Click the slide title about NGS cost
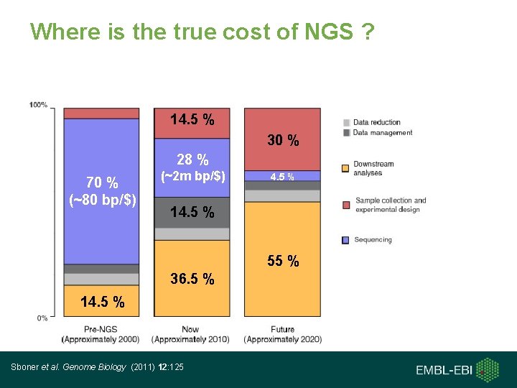coord(202,32)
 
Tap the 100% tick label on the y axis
coord(38,105)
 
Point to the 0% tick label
coord(42,317)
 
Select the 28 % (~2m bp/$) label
coord(192,167)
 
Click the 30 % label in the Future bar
coord(283,141)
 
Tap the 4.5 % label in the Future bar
coord(281,176)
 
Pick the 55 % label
coord(283,262)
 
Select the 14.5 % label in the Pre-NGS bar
coord(102,302)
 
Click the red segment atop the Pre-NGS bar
coord(101,113)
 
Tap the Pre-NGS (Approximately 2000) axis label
coord(101,334)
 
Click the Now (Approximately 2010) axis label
coord(191,334)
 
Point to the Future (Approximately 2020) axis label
coord(282,334)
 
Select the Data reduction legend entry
coord(376,122)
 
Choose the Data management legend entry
coord(382,132)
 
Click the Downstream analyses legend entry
coord(373,169)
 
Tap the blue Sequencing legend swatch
coord(345,239)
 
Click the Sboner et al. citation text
coord(98,367)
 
